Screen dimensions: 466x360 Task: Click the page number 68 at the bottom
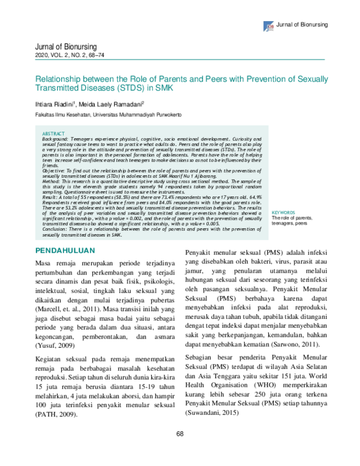click(179, 450)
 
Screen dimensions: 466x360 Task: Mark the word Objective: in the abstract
click(55, 171)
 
